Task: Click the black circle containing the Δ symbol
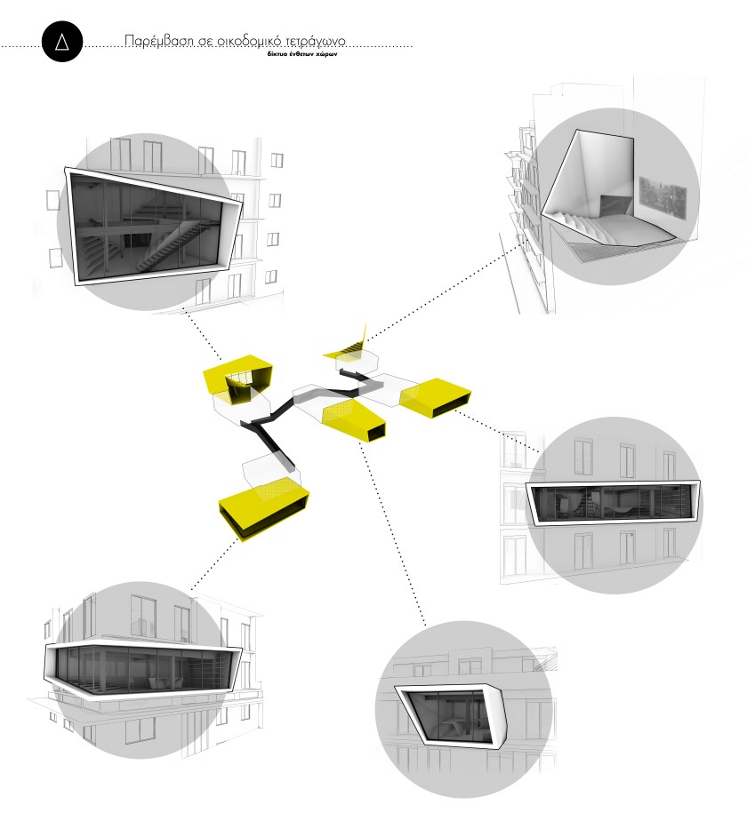[62, 41]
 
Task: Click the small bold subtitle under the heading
[302, 54]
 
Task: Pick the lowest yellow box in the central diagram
[263, 513]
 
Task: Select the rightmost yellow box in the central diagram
[435, 397]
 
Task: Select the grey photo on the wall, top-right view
[663, 196]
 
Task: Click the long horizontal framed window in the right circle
[613, 503]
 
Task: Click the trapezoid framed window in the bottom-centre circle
[451, 713]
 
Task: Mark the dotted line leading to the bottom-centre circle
[392, 535]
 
